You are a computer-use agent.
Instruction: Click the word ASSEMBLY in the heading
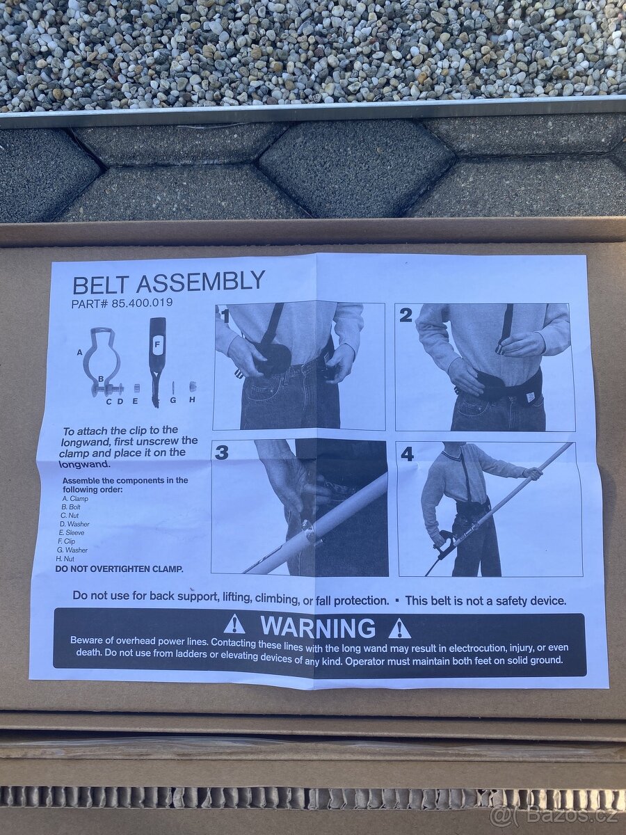200,281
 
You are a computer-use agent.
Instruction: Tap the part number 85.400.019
142,303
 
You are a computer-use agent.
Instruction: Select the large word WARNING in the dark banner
317,628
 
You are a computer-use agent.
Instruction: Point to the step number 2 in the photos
406,316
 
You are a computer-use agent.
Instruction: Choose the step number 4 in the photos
408,454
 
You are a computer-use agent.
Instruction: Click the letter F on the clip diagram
156,344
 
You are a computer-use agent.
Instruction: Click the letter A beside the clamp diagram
79,353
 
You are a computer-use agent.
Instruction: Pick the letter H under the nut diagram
192,400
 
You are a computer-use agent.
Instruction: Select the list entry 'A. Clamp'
75,499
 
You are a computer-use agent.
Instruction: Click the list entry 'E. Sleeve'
72,532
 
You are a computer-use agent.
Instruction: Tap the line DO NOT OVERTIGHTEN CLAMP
120,569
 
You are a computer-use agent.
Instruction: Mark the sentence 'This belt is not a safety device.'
486,601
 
